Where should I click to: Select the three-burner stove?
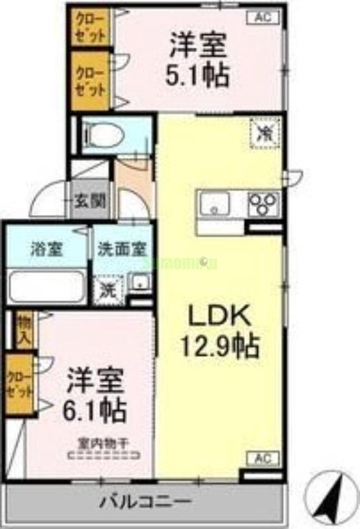[x=264, y=202]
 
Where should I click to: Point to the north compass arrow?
[x=331, y=499]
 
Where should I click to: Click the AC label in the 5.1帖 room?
[x=263, y=19]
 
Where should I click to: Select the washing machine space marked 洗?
[x=107, y=288]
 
